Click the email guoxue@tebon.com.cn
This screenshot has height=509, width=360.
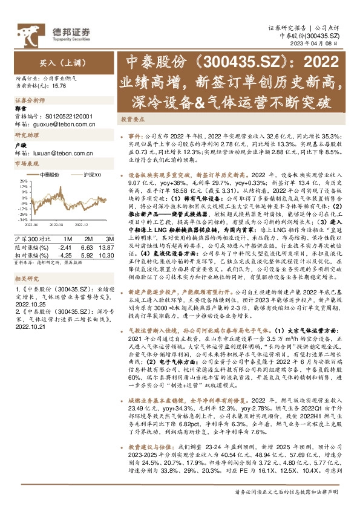(x=62, y=123)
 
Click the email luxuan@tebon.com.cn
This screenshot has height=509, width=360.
(x=62, y=154)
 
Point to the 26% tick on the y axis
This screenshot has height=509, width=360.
(x=24, y=181)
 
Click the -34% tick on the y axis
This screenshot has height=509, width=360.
(x=23, y=219)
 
